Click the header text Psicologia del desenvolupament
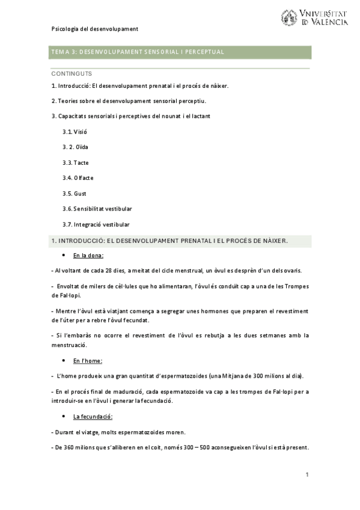click(x=95, y=29)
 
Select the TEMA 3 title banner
click(x=180, y=52)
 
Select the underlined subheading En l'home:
click(x=88, y=360)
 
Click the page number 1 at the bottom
click(x=307, y=475)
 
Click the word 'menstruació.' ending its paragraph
click(x=70, y=345)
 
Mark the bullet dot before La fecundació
click(x=64, y=417)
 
